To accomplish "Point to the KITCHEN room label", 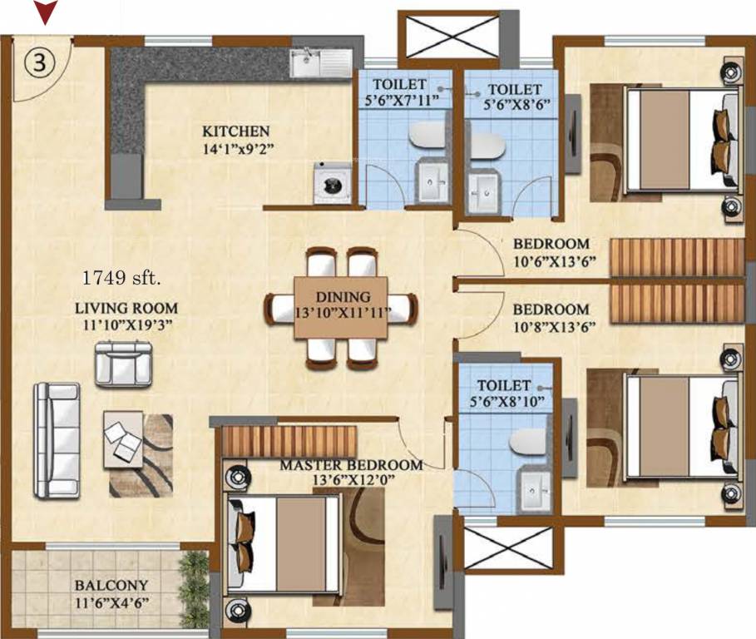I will (236, 131).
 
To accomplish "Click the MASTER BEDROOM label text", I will (350, 465).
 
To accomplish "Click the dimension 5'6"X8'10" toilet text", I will (504, 402).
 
